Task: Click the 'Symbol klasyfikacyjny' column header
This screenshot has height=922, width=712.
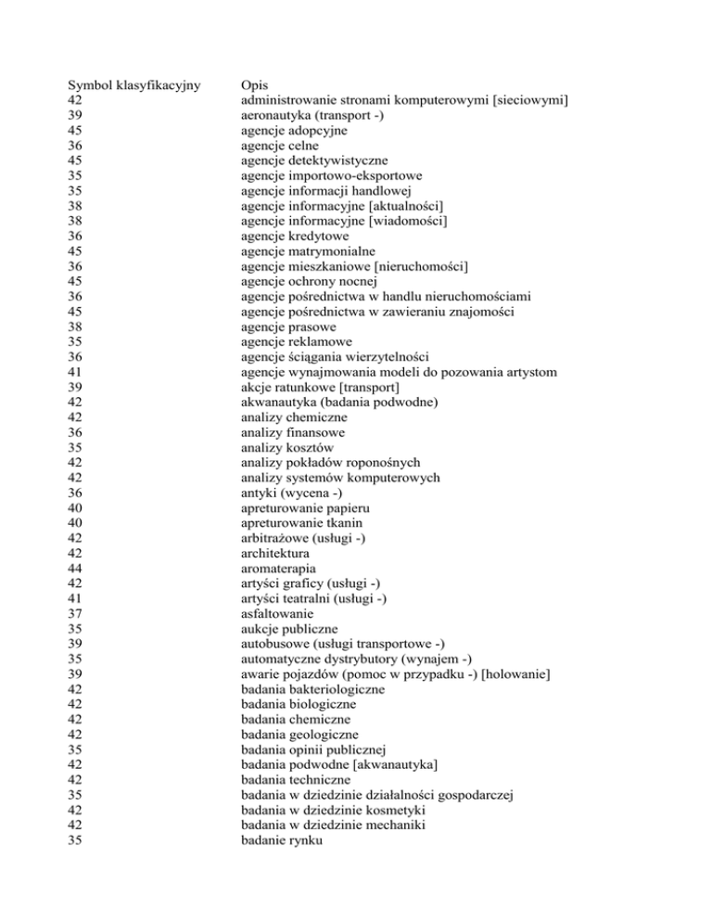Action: (134, 83)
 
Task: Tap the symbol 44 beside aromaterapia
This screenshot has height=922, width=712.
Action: (78, 569)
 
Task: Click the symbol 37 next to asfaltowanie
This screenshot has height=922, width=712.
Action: (78, 614)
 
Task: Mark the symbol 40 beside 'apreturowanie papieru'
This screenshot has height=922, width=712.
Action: (78, 508)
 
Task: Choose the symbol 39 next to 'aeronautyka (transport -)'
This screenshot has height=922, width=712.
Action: (78, 115)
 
